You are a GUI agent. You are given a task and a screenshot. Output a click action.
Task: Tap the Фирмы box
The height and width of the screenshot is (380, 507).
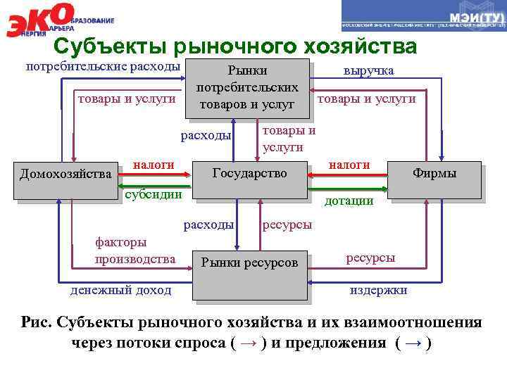(434, 173)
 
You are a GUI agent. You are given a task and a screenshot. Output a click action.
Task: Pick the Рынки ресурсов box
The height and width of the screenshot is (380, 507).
(249, 263)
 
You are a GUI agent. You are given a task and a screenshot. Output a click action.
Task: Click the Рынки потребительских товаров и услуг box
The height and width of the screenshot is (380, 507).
(247, 88)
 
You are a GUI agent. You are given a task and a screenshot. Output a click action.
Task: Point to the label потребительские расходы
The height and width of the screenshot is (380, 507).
(103, 68)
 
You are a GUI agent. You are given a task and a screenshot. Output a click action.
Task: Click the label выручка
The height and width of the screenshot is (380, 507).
(369, 71)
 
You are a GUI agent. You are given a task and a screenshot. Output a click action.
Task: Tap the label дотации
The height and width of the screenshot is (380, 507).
(348, 201)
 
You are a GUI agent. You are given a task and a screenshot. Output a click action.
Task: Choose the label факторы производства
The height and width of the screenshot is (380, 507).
(134, 251)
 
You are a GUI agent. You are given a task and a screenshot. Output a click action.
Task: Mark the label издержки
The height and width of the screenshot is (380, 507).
(379, 290)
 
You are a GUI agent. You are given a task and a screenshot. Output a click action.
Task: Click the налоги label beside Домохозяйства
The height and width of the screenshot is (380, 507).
(154, 165)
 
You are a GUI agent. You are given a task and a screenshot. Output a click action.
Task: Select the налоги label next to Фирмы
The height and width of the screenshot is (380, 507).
(349, 165)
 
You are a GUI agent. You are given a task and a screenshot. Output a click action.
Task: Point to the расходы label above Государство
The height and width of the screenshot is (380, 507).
(206, 135)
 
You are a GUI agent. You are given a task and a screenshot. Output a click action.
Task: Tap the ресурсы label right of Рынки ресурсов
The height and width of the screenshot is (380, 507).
(370, 258)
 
